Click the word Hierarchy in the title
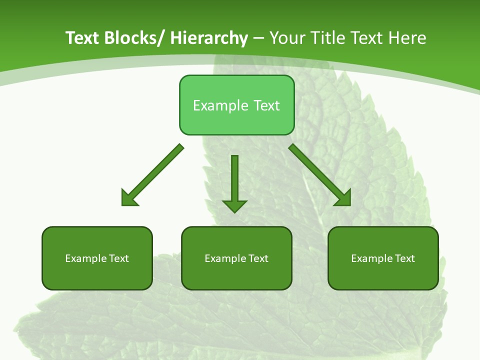(x=209, y=38)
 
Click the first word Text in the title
(x=83, y=38)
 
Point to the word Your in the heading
(x=286, y=38)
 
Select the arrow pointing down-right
(x=320, y=175)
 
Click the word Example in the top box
(x=220, y=105)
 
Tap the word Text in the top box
(x=265, y=105)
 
